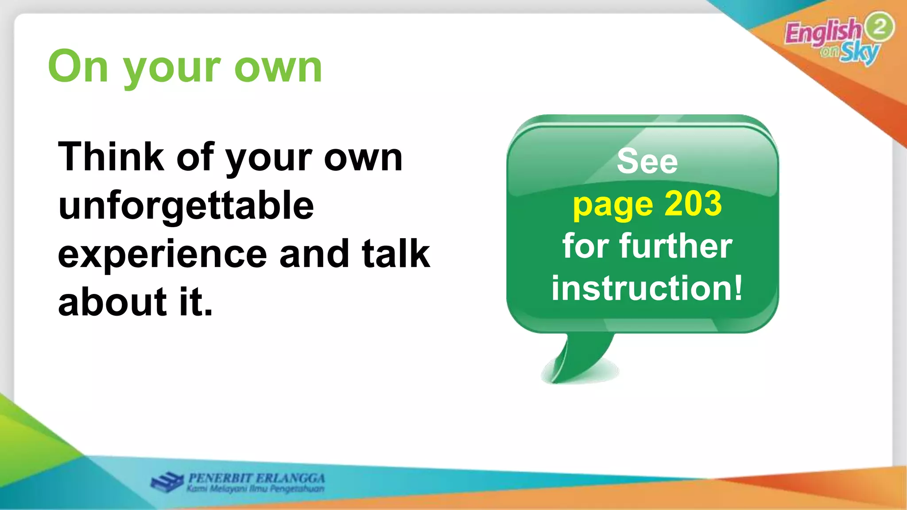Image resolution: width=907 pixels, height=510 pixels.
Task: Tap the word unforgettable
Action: [186, 206]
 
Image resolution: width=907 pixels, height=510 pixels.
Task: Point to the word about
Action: [112, 302]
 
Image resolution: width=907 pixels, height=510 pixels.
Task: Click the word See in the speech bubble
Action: [647, 161]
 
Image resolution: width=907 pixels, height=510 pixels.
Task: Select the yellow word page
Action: [612, 205]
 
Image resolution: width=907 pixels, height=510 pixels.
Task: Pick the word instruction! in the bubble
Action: [647, 288]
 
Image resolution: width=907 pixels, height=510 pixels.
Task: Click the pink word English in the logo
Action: [823, 32]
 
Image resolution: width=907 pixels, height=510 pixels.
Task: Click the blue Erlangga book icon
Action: [167, 482]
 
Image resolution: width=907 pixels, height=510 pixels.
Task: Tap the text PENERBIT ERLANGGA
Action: [256, 478]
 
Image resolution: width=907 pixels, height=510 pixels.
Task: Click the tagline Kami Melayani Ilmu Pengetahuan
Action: [255, 489]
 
